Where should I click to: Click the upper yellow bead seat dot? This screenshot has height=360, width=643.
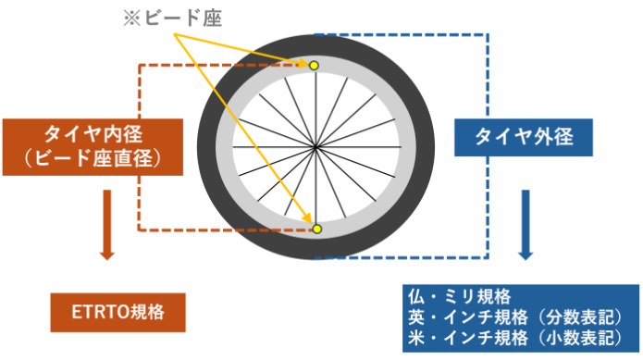point(314,65)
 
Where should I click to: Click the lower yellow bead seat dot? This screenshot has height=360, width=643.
point(316,229)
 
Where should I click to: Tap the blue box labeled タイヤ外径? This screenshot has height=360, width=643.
point(524,138)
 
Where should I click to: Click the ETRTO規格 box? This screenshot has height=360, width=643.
point(117,312)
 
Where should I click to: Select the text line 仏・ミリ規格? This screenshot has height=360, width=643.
point(460,297)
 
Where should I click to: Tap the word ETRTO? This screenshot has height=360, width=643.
point(97,312)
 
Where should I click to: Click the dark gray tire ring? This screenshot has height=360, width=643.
point(208,148)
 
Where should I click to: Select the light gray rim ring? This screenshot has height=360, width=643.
point(227,148)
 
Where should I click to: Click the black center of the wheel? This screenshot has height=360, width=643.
point(315,148)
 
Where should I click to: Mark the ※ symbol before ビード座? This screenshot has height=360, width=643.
point(131,18)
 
